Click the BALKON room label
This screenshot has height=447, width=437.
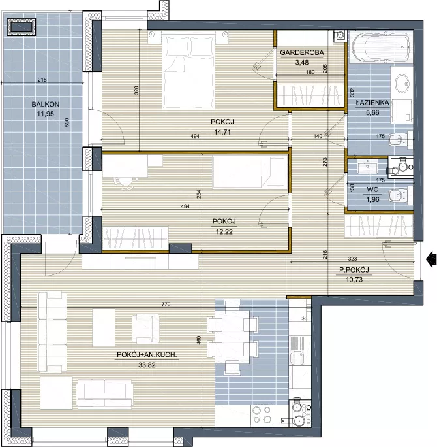(x=46, y=104)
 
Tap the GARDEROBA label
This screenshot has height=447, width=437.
(x=302, y=52)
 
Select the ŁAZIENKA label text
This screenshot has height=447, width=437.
(x=372, y=103)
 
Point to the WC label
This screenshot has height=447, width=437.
(x=372, y=190)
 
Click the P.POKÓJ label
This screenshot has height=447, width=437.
(x=354, y=270)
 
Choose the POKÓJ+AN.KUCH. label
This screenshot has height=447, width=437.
(x=147, y=355)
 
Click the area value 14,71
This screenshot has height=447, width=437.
(x=222, y=132)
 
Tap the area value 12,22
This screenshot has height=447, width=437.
(x=224, y=232)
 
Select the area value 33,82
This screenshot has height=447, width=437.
(x=147, y=365)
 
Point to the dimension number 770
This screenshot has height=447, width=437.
(x=166, y=304)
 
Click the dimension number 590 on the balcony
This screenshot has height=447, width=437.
(x=67, y=123)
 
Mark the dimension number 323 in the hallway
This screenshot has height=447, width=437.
(x=352, y=259)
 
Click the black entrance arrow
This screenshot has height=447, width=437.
(x=431, y=259)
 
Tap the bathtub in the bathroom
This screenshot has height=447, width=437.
(x=381, y=47)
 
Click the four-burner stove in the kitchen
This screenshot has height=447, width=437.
(x=262, y=414)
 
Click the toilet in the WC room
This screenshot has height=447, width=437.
(x=400, y=196)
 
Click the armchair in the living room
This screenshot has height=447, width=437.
(x=146, y=329)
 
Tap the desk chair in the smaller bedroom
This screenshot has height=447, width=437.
(x=125, y=182)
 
